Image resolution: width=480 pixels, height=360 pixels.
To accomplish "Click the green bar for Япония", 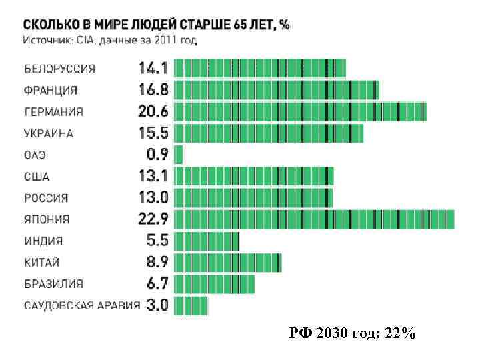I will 314,219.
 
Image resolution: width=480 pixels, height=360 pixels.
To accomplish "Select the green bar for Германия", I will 300,111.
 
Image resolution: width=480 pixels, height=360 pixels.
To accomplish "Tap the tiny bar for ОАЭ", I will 178,155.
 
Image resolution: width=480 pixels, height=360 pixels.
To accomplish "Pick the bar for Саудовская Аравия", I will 191,305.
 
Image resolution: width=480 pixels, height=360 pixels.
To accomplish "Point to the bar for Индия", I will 206,241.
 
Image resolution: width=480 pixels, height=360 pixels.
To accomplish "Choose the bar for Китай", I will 227,262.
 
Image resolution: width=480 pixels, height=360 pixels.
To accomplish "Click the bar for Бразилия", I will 214,283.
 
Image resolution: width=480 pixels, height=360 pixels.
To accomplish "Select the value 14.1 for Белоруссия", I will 153,68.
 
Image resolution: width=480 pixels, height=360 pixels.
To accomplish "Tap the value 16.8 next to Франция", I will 153,89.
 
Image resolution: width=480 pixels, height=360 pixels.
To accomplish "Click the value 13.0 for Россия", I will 153,198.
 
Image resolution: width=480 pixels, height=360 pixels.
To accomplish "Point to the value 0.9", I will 157,155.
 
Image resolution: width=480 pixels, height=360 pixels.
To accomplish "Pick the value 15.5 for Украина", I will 153,133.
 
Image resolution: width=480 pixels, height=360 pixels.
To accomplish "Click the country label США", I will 37,177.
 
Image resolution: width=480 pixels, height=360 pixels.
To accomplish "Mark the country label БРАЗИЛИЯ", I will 54,283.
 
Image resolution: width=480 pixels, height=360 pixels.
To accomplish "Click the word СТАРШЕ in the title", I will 201,25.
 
